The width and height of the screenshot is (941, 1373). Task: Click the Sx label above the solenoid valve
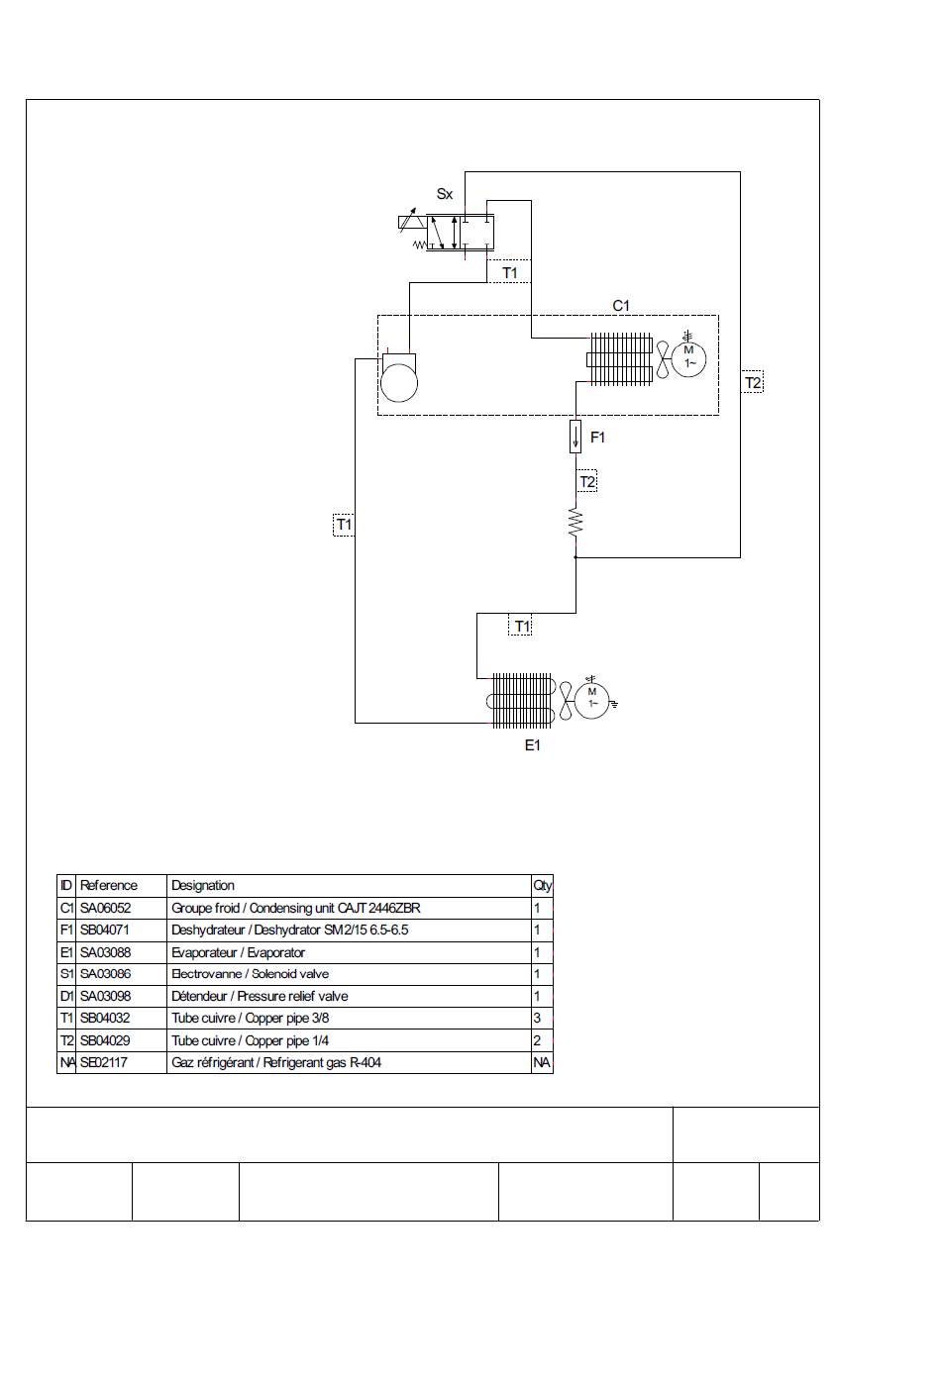[x=444, y=194]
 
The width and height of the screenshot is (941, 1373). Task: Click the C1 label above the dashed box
[x=621, y=305]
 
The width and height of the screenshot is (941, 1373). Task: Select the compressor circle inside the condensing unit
[x=399, y=382]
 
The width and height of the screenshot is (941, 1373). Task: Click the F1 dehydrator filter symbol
[x=575, y=437]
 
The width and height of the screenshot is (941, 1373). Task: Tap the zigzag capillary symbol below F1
[x=575, y=523]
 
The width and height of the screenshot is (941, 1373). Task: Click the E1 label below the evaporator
[x=533, y=745]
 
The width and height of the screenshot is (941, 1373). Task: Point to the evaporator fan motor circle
[x=591, y=700]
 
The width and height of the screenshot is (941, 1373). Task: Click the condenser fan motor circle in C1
[x=688, y=359]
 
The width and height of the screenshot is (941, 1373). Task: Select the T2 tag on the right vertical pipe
[x=753, y=382]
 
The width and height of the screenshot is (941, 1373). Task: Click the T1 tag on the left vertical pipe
[x=344, y=525]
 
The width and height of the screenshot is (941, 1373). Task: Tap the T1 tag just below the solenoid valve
[x=510, y=273]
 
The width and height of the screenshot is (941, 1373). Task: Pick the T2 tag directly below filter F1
[x=587, y=482]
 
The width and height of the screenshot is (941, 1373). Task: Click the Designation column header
[x=202, y=885]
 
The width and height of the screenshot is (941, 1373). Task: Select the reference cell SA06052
[x=106, y=908]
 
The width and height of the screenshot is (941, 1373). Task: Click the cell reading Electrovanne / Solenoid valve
[x=250, y=974]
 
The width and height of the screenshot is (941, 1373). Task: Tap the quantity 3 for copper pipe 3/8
[x=538, y=1018]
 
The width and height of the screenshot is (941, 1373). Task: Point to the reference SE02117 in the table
[x=104, y=1062]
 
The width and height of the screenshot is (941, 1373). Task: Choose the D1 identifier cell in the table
[x=66, y=996]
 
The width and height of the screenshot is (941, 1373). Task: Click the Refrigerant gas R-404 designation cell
[x=276, y=1062]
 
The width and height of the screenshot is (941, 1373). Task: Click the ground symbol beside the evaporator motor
[x=613, y=704]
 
